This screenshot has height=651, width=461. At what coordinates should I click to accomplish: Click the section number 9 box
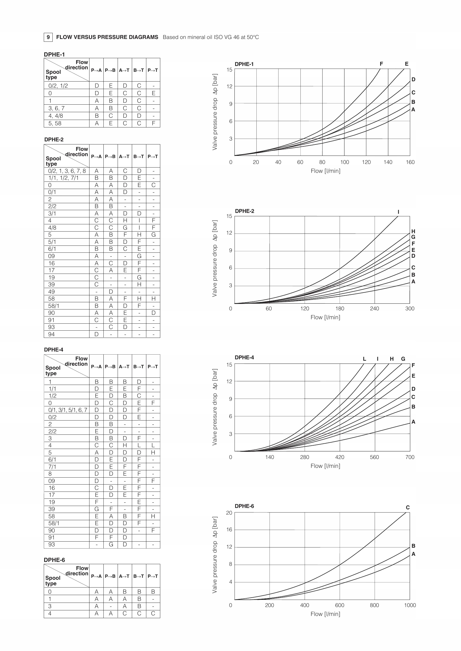48,37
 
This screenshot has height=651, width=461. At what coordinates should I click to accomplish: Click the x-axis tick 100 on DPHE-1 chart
344,162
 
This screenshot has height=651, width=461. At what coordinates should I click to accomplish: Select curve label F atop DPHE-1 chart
381,64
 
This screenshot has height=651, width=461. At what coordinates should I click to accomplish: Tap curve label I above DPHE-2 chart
398,212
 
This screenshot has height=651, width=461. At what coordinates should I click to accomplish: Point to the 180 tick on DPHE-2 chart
339,308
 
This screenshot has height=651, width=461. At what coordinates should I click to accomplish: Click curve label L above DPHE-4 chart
365,359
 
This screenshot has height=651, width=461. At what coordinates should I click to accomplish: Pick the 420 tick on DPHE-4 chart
339,457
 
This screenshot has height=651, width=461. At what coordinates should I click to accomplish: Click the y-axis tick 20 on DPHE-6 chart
229,513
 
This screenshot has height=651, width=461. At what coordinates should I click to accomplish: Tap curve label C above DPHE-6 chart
408,508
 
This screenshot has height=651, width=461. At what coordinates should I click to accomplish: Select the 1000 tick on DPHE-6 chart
410,605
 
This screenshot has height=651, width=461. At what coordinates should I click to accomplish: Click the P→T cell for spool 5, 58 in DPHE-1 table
153,123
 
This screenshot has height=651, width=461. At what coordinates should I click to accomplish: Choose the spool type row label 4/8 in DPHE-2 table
52,228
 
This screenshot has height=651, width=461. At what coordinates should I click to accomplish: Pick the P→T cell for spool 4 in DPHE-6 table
153,614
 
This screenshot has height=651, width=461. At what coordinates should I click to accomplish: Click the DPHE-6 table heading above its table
54,560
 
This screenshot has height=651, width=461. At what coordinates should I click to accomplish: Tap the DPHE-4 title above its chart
244,358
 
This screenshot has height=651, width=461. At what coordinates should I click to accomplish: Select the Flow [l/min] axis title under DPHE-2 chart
325,317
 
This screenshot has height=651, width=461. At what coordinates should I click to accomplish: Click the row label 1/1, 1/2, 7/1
63,178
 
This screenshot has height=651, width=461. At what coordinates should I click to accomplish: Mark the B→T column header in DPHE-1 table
139,70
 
